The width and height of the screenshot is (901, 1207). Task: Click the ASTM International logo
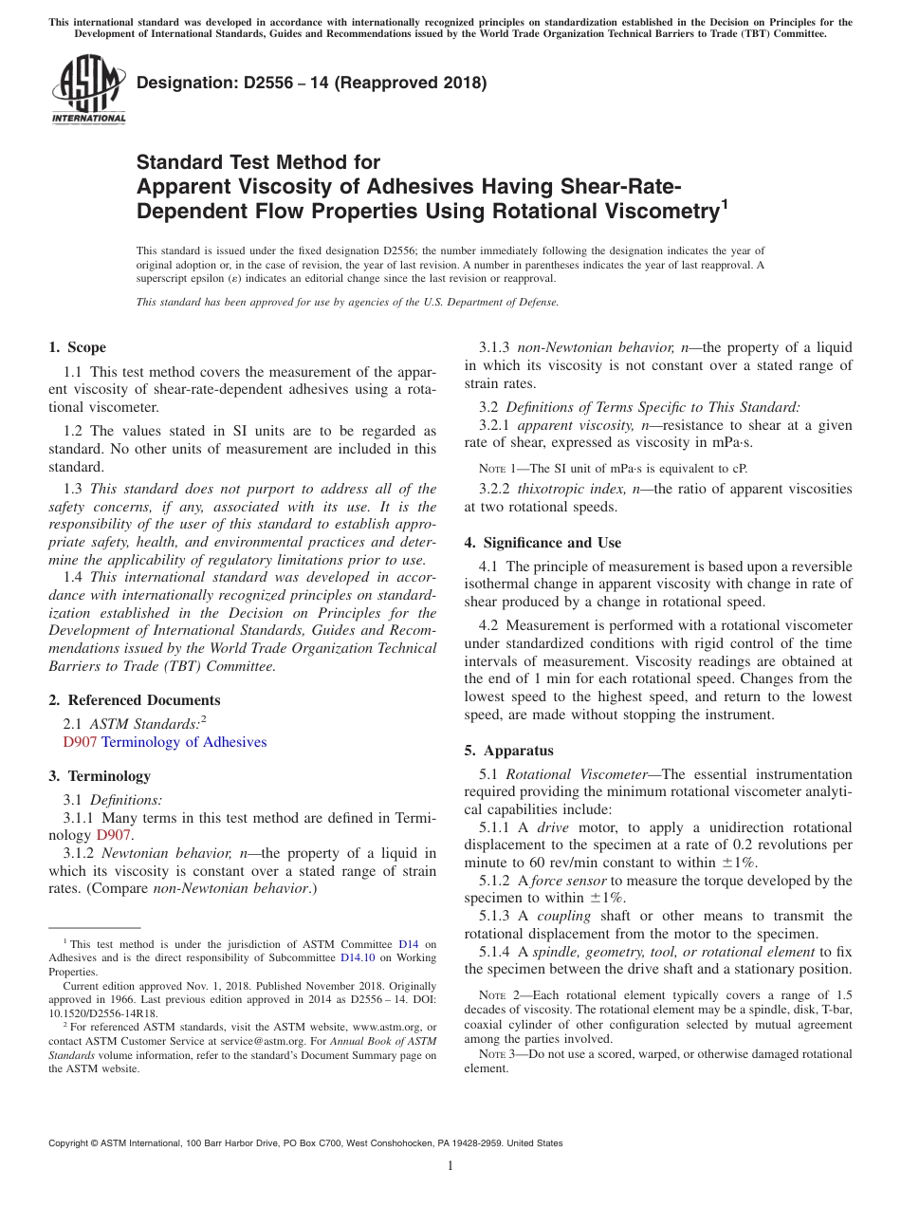pos(87,91)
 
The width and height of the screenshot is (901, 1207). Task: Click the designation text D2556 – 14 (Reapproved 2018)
pos(312,84)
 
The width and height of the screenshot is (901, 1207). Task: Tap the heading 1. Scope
pos(77,347)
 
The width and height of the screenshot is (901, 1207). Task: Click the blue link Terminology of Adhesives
pos(184,742)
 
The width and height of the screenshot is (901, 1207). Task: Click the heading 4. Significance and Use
pos(542,543)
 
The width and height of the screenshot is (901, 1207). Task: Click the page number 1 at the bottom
pos(450,1166)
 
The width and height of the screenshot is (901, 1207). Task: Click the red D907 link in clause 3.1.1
pos(114,835)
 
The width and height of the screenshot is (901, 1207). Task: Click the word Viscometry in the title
pos(658,212)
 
